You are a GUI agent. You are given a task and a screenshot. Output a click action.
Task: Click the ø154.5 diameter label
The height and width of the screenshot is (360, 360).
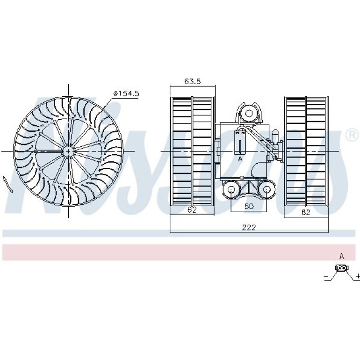pyautogui.click(x=126, y=93)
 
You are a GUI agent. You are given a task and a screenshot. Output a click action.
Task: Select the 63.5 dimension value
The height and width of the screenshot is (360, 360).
pyautogui.click(x=193, y=81)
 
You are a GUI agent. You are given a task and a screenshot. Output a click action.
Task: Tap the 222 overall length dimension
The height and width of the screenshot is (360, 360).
pyautogui.click(x=249, y=227)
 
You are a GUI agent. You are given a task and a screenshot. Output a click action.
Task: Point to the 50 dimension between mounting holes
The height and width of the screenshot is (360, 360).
pyautogui.click(x=249, y=206)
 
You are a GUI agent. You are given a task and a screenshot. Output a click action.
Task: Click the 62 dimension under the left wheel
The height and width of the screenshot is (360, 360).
pyautogui.click(x=192, y=209)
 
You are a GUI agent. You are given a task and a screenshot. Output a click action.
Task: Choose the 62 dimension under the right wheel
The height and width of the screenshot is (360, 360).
pyautogui.click(x=306, y=212)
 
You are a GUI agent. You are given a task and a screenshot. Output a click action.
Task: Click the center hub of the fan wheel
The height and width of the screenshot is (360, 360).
pyautogui.click(x=68, y=151)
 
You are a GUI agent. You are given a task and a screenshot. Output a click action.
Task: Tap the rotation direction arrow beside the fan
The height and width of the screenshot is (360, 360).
pyautogui.click(x=7, y=184)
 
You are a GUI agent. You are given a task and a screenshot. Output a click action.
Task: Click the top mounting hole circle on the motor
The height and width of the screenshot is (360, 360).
pyautogui.click(x=249, y=113)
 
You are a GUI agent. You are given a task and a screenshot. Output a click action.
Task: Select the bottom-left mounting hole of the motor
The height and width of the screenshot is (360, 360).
pyautogui.click(x=231, y=189)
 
